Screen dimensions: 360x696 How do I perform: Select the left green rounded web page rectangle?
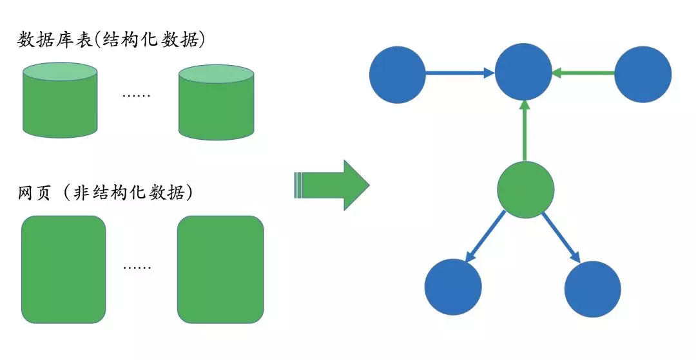coord(63,269)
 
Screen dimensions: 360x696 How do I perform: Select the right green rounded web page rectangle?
coord(220,269)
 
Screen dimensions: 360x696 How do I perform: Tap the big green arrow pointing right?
coord(332,185)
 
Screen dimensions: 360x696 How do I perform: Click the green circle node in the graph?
coord(526,189)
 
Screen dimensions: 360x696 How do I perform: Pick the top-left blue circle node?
coord(398,74)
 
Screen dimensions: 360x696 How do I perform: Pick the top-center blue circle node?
coord(523,74)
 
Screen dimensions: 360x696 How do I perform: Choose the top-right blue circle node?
coord(643,74)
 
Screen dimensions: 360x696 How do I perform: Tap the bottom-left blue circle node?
coord(454,288)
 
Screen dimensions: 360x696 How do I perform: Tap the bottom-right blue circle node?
coord(593,288)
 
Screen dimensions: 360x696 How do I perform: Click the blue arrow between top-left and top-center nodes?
coord(459,74)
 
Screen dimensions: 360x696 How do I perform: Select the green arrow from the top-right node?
coord(584,74)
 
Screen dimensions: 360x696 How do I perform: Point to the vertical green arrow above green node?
coord(525,131)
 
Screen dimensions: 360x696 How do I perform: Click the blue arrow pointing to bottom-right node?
coord(561,236)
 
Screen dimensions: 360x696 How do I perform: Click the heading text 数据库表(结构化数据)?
coord(111,39)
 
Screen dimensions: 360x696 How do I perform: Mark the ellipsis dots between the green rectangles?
coord(137,267)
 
